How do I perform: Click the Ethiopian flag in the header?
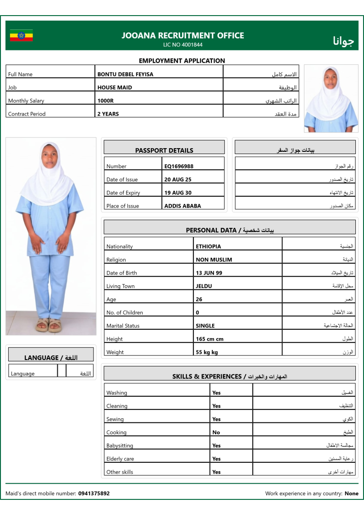(21, 35)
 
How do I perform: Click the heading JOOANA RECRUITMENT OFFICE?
(182, 35)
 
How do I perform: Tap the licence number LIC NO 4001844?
(182, 45)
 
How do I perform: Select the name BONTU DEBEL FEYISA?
(125, 74)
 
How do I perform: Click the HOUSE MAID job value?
(115, 88)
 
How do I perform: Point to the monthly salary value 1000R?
(105, 101)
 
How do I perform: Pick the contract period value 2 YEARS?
(108, 114)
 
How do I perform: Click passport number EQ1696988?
(179, 166)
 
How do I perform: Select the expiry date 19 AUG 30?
(178, 193)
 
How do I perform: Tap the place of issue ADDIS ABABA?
(182, 206)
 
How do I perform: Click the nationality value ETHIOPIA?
(208, 247)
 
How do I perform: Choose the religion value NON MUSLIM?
(214, 260)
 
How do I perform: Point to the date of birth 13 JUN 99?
(209, 273)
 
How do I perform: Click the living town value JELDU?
(204, 287)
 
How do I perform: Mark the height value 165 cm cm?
(210, 339)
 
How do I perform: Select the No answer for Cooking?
(216, 432)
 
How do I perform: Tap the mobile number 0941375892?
(94, 494)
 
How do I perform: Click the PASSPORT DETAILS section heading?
(164, 150)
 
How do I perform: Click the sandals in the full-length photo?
(49, 325)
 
